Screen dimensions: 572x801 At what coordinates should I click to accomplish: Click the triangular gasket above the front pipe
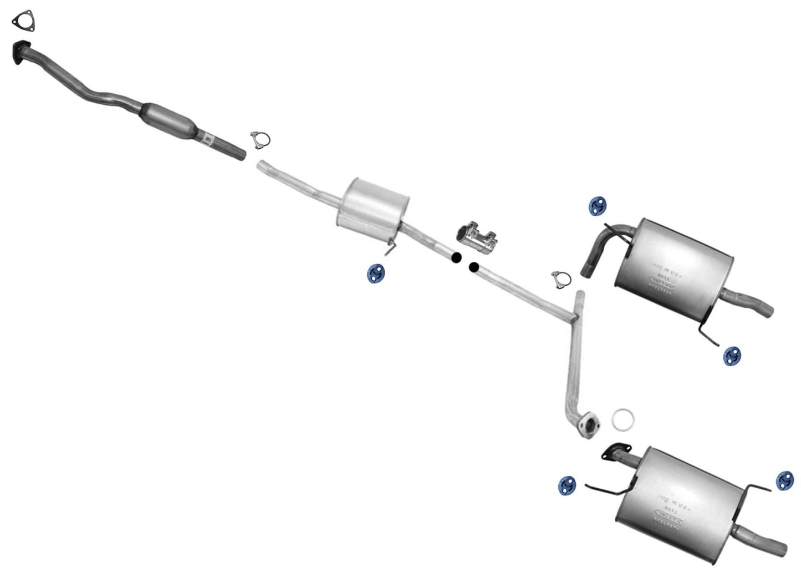pos(22,20)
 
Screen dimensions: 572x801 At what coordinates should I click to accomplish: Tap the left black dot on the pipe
pos(456,257)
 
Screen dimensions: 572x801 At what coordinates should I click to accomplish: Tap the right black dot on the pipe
pos(473,267)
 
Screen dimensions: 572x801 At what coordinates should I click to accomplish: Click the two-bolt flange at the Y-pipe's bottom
pos(588,424)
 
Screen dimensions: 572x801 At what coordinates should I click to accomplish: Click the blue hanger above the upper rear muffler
pos(597,205)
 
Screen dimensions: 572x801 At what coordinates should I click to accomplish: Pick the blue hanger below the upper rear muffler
pos(732,356)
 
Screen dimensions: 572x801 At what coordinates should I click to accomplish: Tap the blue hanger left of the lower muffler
pos(566,485)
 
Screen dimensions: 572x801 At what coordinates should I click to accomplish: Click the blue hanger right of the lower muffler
pos(784,480)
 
